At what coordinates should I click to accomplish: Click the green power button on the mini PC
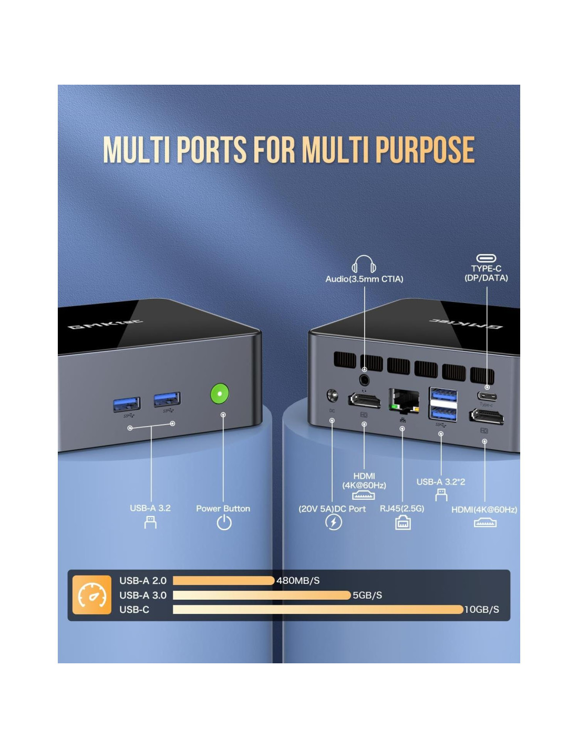click(x=220, y=393)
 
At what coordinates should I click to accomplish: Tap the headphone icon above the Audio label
click(x=364, y=264)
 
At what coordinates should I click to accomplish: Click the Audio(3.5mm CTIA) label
click(x=364, y=279)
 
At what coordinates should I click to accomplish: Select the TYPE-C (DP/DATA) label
click(x=486, y=273)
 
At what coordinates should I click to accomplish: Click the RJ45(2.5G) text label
click(x=402, y=509)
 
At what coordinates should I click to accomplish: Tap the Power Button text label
click(x=223, y=509)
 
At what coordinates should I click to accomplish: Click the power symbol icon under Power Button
click(x=224, y=522)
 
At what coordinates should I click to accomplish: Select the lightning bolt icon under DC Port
click(x=334, y=522)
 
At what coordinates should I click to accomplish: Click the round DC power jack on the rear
click(x=332, y=395)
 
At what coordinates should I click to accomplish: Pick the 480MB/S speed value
click(x=298, y=581)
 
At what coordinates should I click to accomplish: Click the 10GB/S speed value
click(x=481, y=610)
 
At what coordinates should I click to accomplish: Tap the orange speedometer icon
click(x=92, y=595)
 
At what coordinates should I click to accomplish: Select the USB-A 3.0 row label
click(x=143, y=595)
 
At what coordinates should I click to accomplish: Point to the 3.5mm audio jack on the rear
click(x=364, y=380)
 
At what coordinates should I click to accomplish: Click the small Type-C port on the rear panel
click(x=487, y=396)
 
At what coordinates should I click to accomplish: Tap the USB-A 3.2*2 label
click(x=440, y=482)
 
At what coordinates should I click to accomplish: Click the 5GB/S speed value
click(x=367, y=595)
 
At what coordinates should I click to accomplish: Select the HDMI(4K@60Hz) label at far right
click(x=484, y=510)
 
